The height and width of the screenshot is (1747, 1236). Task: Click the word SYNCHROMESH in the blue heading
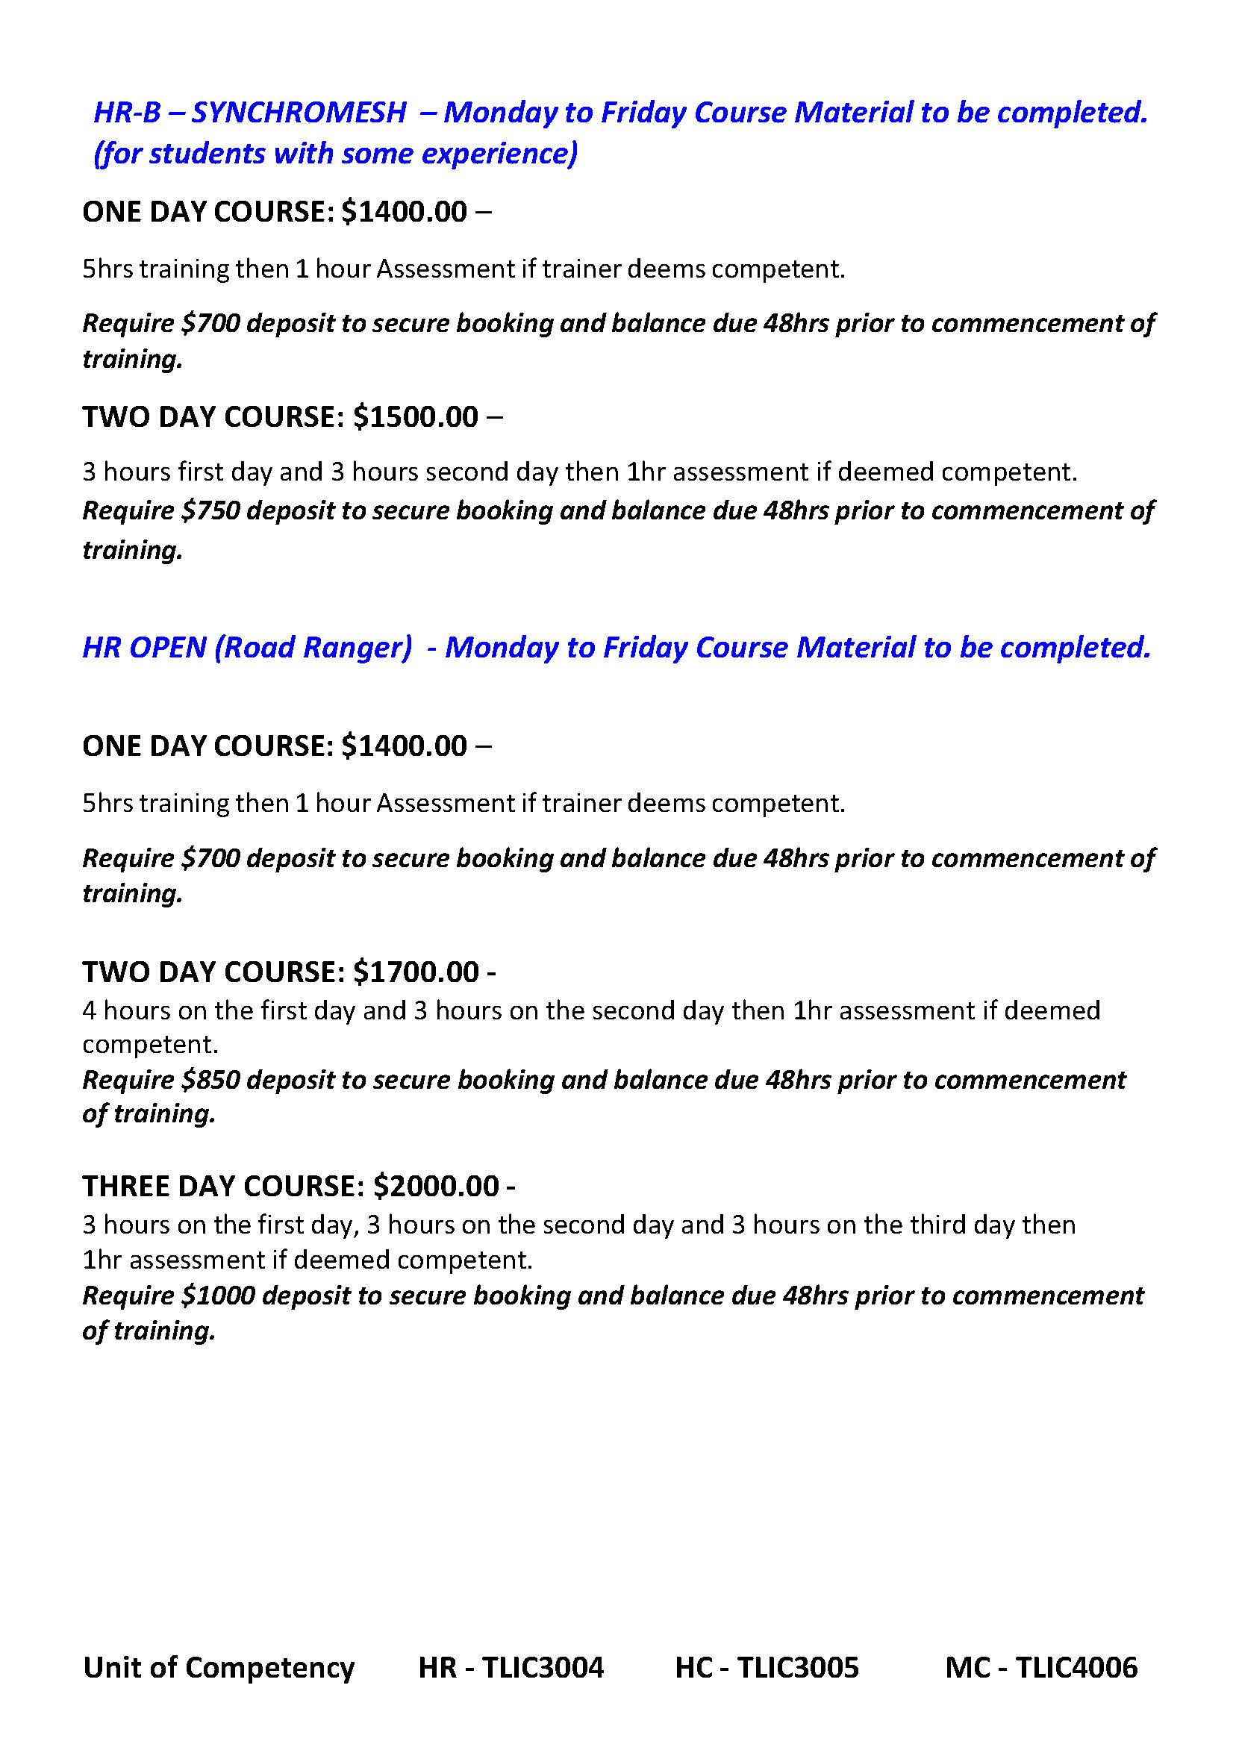[299, 113]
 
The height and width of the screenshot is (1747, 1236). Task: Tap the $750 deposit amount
[210, 510]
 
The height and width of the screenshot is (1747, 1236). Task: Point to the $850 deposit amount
[210, 1080]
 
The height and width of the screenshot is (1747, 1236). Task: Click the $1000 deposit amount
[219, 1296]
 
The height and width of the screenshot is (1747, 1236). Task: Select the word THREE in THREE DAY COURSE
[126, 1187]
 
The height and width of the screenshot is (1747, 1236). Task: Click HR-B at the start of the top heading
[126, 113]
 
